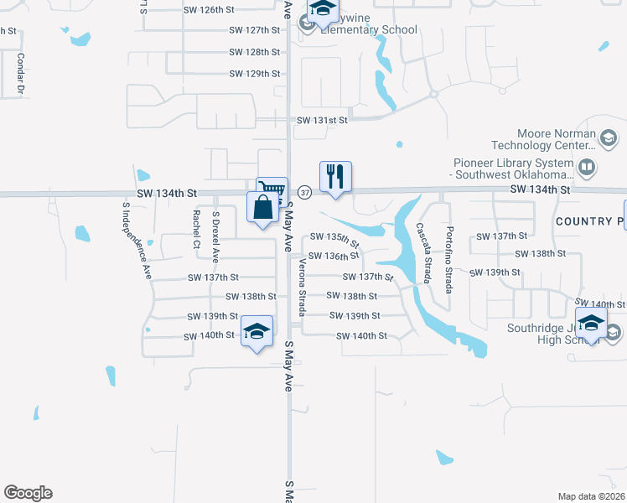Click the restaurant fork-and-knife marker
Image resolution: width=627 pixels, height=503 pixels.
pyautogui.click(x=335, y=177)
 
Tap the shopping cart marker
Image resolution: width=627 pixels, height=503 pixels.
pyautogui.click(x=272, y=192)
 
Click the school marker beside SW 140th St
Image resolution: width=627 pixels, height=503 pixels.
pyautogui.click(x=257, y=330)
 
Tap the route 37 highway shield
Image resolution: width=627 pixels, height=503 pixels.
pyautogui.click(x=305, y=193)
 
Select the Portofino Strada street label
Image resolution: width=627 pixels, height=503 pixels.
pyautogui.click(x=451, y=259)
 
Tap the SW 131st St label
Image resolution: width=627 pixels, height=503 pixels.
pyautogui.click(x=321, y=120)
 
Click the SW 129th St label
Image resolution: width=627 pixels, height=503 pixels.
pyautogui.click(x=254, y=74)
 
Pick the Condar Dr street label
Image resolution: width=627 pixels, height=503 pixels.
pyautogui.click(x=19, y=72)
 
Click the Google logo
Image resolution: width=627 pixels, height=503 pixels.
pyautogui.click(x=28, y=493)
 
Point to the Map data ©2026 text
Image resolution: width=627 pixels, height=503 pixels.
pyautogui.click(x=592, y=496)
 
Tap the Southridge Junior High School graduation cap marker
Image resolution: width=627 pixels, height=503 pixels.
pyautogui.click(x=592, y=324)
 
